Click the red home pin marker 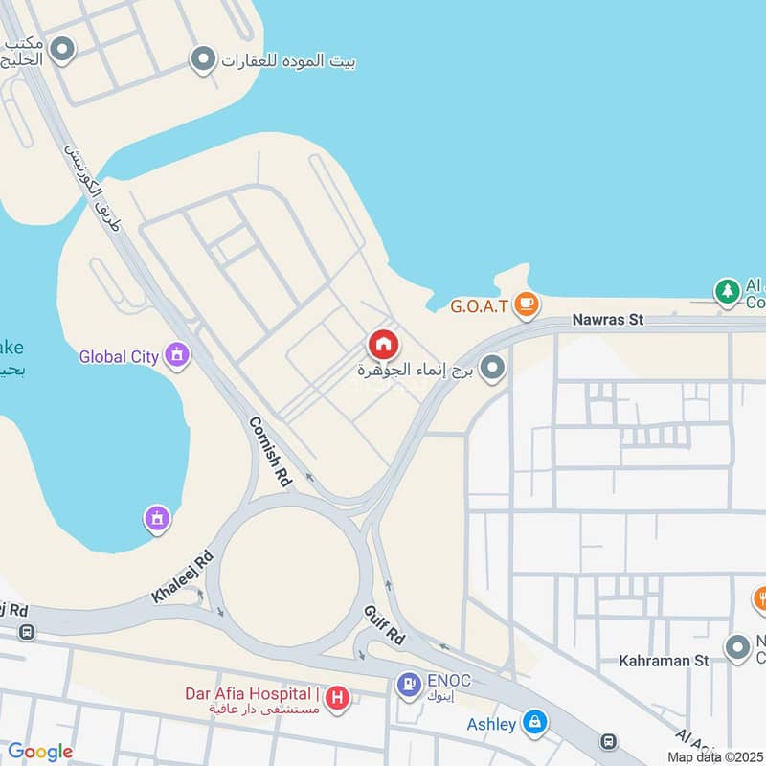pos(383,344)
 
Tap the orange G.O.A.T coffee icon pos(526,305)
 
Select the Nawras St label pos(607,320)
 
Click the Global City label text pos(119,357)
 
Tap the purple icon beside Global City pos(176,356)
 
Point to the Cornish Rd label pos(269,452)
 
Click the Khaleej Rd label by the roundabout pos(182,577)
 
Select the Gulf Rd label pos(384,624)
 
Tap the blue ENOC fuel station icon pos(409,684)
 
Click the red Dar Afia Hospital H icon pos(337,698)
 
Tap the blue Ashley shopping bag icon pos(535,723)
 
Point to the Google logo pos(40,752)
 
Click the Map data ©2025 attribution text pos(715,756)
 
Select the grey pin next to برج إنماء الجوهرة pos(492,369)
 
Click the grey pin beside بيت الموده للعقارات pos(202,61)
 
